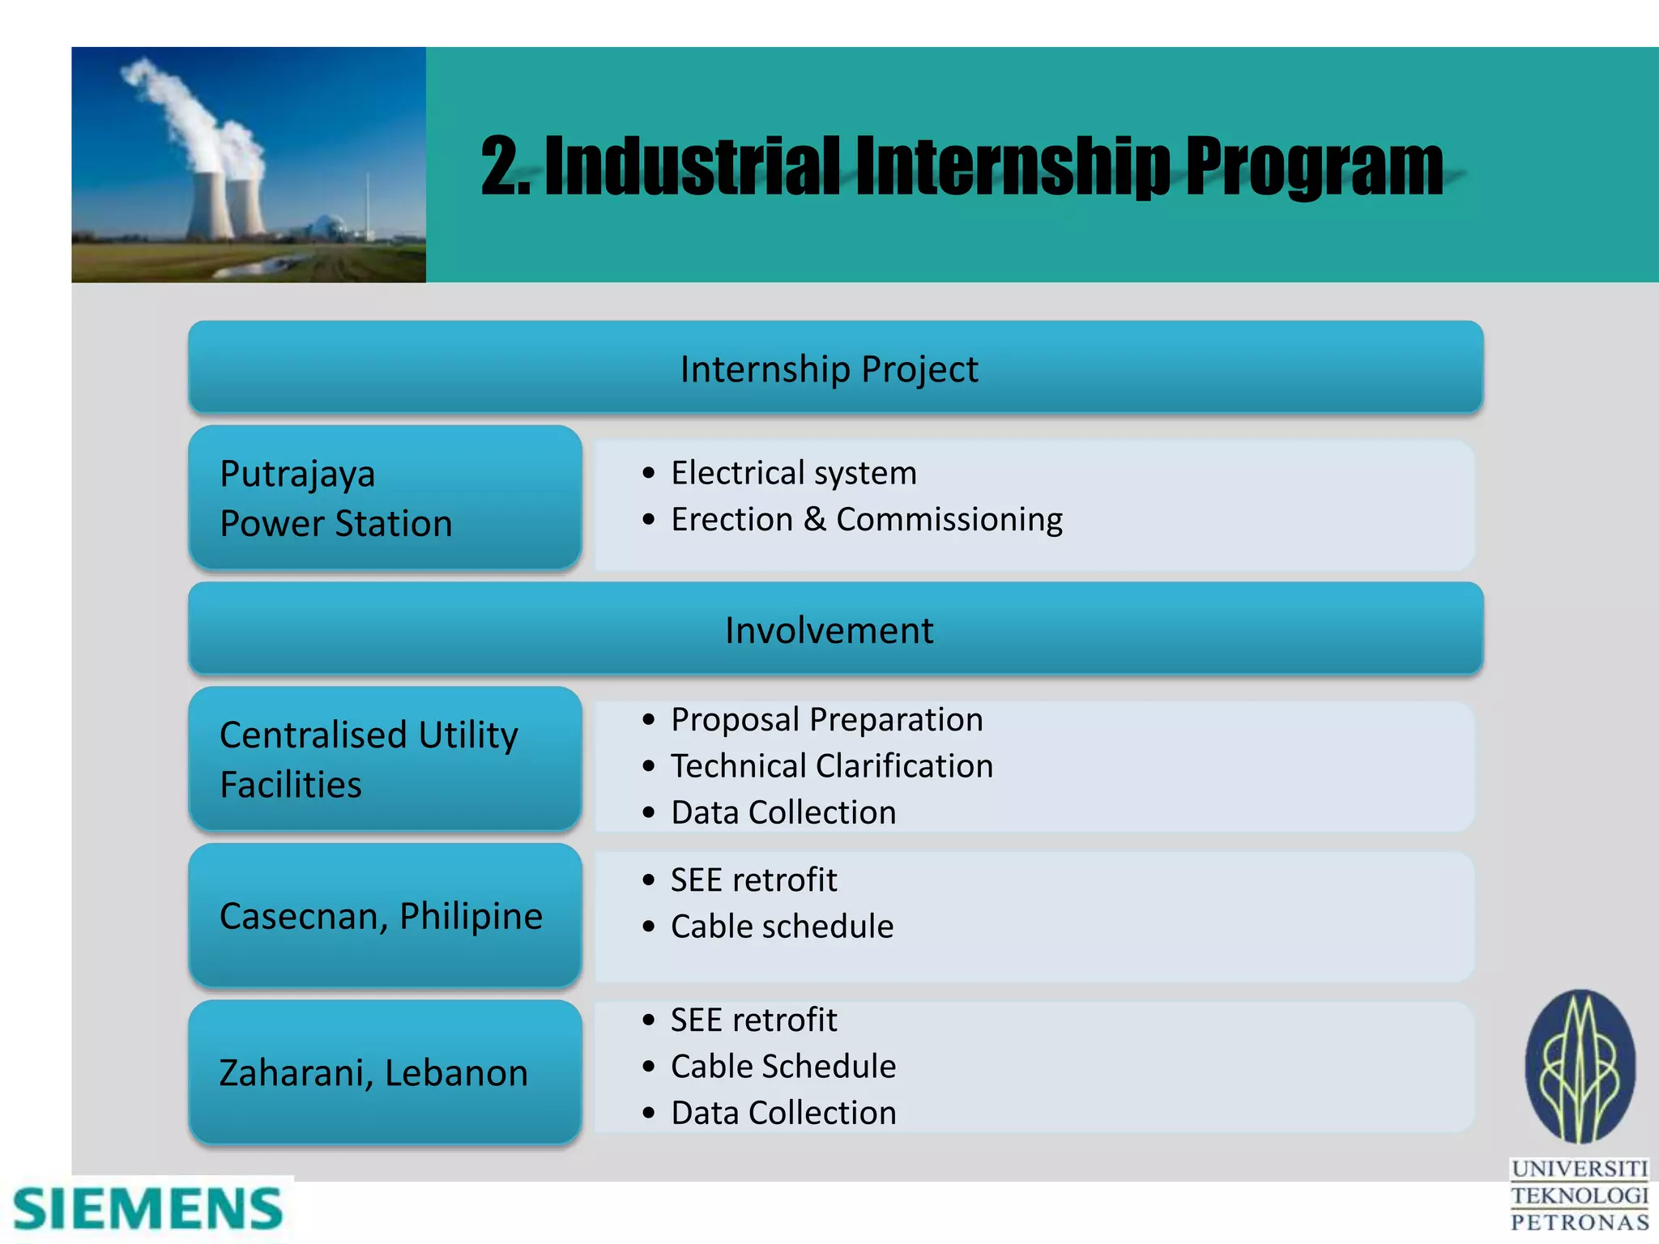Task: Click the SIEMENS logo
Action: click(x=147, y=1209)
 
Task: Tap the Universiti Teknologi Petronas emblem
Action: click(x=1580, y=1067)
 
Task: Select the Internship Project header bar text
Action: click(x=829, y=369)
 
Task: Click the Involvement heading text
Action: click(x=829, y=630)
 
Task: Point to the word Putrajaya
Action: click(x=297, y=474)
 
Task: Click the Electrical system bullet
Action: click(x=793, y=473)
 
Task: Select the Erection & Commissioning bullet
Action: click(x=866, y=519)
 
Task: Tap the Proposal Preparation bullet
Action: click(x=826, y=719)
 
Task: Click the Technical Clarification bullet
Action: click(x=831, y=766)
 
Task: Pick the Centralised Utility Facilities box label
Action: click(x=369, y=759)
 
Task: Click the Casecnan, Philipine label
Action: click(x=381, y=916)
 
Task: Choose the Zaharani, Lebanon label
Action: click(x=373, y=1073)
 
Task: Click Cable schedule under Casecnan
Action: click(x=782, y=927)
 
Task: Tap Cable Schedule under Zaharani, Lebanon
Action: click(x=783, y=1067)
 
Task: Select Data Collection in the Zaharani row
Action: click(x=783, y=1114)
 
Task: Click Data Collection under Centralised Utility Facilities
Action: click(x=783, y=812)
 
